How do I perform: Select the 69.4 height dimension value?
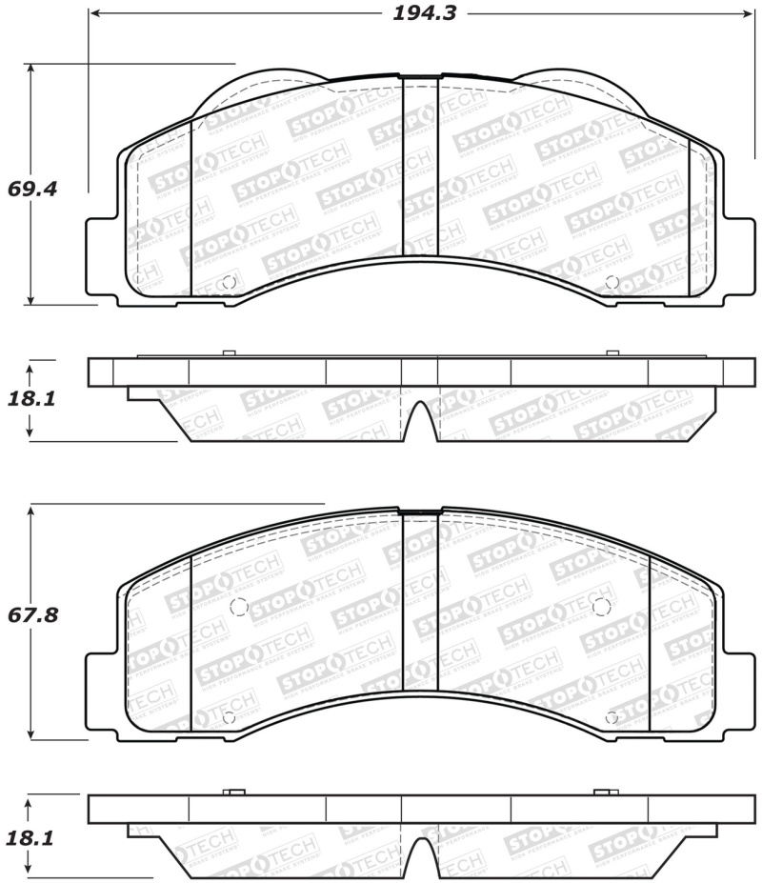click(x=32, y=189)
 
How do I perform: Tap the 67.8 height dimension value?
click(x=32, y=615)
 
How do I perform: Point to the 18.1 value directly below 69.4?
click(x=32, y=398)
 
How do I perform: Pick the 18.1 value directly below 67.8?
click(x=32, y=838)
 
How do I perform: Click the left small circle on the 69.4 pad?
click(x=227, y=282)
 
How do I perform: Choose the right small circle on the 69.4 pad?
click(x=612, y=282)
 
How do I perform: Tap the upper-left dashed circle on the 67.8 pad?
click(x=239, y=607)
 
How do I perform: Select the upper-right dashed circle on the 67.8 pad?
click(x=600, y=607)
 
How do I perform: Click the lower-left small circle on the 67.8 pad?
click(x=227, y=717)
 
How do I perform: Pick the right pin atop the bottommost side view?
click(x=605, y=792)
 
